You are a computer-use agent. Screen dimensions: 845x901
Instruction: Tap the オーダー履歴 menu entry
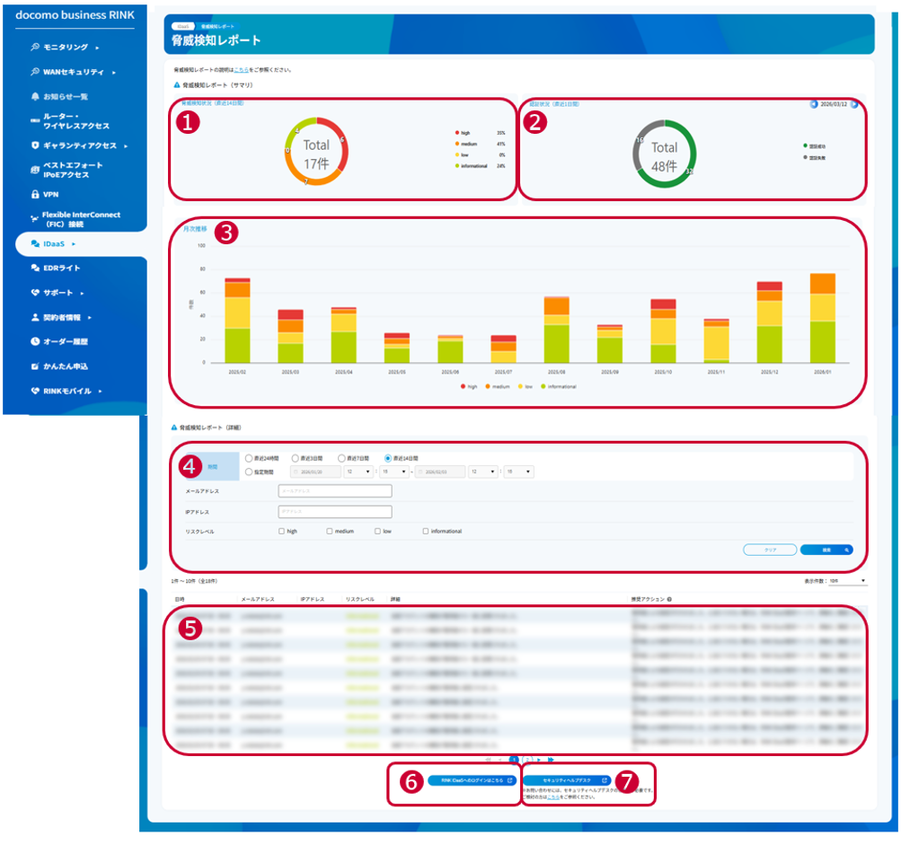65,341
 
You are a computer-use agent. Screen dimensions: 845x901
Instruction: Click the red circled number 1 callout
187,124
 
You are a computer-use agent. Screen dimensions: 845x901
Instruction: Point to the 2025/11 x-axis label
715,371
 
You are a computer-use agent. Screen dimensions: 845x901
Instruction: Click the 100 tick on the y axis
201,245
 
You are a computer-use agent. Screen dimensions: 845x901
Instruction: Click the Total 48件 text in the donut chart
664,154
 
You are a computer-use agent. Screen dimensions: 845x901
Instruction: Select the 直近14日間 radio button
388,458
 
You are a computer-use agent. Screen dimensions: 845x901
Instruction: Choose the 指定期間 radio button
250,471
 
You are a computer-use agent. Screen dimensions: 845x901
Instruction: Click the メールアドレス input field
335,491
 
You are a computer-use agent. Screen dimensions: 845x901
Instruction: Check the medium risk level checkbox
331,531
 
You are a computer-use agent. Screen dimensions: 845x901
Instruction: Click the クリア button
770,549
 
